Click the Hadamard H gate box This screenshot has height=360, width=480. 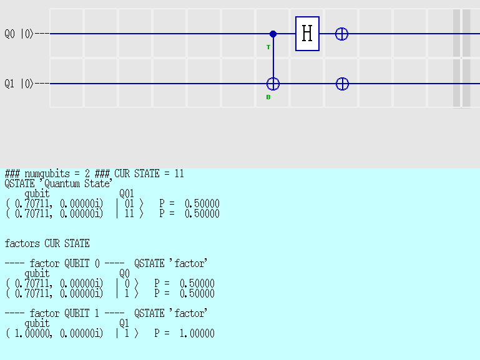point(307,34)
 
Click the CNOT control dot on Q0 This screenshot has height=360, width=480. point(273,34)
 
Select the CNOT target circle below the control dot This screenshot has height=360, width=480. point(273,84)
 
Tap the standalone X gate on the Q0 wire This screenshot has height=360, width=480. point(341,34)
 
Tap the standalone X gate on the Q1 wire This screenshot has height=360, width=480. point(342,84)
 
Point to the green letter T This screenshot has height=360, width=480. point(268,47)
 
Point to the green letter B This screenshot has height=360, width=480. point(268,97)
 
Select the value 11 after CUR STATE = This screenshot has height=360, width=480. point(179,173)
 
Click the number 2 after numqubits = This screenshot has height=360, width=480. point(87,173)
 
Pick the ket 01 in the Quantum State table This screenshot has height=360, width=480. point(129,203)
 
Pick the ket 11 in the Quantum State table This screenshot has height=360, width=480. point(129,213)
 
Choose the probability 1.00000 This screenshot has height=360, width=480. point(197,333)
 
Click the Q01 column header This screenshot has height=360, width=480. point(127,193)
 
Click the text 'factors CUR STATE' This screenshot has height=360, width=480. point(47,243)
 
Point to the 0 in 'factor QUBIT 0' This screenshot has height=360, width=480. point(97,263)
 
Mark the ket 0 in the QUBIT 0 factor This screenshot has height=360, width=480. point(127,283)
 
